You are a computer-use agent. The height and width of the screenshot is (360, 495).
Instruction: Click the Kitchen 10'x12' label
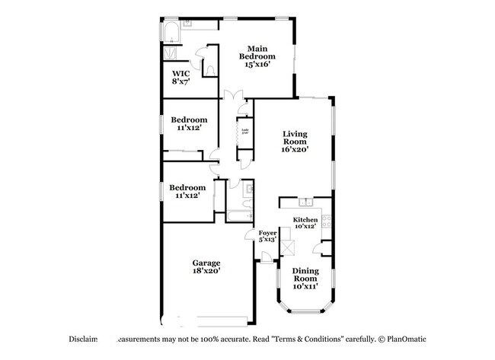305,223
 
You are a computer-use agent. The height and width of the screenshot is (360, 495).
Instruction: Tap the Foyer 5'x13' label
267,236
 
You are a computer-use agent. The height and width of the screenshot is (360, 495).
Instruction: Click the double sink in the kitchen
306,202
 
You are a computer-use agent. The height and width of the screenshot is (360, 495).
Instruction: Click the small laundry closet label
245,132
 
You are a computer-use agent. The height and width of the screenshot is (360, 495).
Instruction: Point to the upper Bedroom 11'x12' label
188,124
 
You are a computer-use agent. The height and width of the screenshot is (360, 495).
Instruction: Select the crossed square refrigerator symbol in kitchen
289,247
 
